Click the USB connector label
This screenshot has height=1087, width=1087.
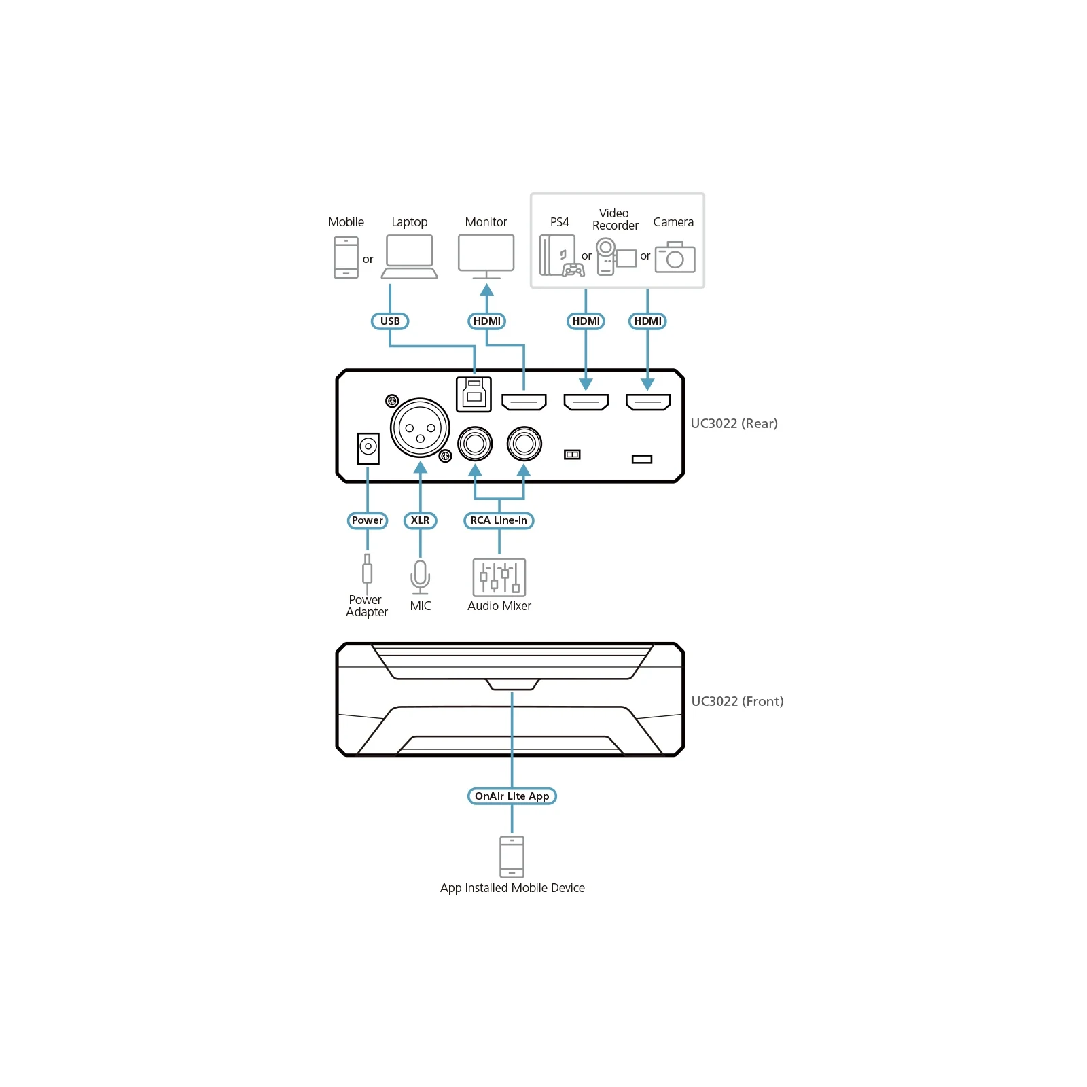tap(390, 321)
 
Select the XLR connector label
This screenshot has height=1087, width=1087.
tap(420, 520)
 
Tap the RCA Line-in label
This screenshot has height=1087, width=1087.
tap(499, 520)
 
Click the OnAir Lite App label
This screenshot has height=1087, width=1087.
tap(512, 796)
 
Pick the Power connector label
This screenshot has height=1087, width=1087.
tap(368, 520)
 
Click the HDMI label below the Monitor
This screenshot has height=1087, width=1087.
tap(487, 321)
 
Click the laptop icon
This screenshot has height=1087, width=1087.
tap(409, 257)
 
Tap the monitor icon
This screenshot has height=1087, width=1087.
tap(486, 257)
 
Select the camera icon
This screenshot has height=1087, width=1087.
tap(675, 257)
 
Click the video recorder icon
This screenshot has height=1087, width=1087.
tap(616, 256)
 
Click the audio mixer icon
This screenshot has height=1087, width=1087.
tap(499, 577)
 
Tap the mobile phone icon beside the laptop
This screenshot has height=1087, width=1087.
tap(346, 257)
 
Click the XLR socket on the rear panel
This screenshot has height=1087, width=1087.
tap(420, 428)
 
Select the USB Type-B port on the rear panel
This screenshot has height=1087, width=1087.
tap(474, 394)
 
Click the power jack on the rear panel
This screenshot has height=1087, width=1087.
tap(368, 448)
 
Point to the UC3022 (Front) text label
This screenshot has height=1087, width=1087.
tap(737, 701)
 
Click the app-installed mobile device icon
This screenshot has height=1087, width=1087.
tap(512, 857)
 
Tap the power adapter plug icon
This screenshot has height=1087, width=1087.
tap(367, 573)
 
